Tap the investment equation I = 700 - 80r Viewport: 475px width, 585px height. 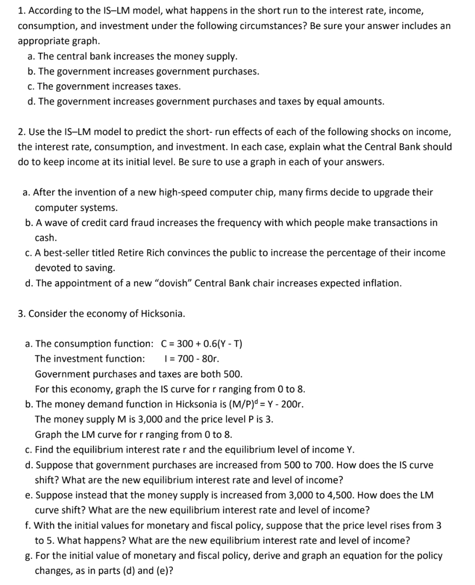pos(191,358)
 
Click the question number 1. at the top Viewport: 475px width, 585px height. pos(21,11)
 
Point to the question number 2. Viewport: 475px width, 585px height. pos(22,132)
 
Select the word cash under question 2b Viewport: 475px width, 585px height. pos(45,238)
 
